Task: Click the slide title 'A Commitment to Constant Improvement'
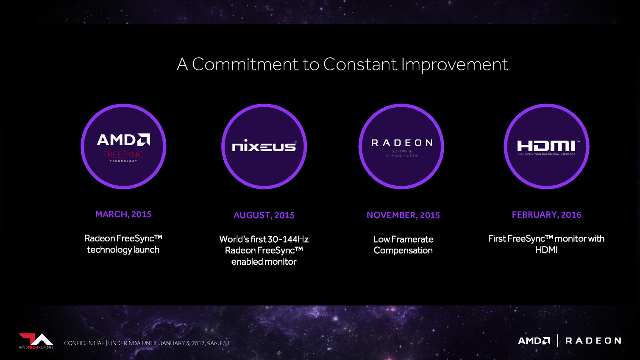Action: click(342, 64)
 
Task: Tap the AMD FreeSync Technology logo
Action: click(123, 147)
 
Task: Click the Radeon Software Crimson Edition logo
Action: click(402, 148)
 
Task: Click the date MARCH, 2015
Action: click(123, 214)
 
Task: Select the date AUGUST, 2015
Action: click(264, 215)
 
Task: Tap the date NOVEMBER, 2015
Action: click(403, 215)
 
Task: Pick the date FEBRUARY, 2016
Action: click(546, 215)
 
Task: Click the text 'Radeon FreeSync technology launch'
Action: click(123, 244)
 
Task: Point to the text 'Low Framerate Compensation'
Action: click(403, 245)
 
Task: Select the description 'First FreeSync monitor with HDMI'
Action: click(546, 244)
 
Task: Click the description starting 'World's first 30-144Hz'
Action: click(264, 250)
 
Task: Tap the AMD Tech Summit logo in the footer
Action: click(36, 341)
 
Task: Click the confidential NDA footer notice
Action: click(147, 343)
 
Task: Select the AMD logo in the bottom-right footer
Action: click(534, 341)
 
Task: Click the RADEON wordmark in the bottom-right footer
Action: click(593, 341)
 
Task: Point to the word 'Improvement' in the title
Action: click(455, 65)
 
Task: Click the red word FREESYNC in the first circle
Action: click(123, 155)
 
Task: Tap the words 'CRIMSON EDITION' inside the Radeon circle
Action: click(402, 156)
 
